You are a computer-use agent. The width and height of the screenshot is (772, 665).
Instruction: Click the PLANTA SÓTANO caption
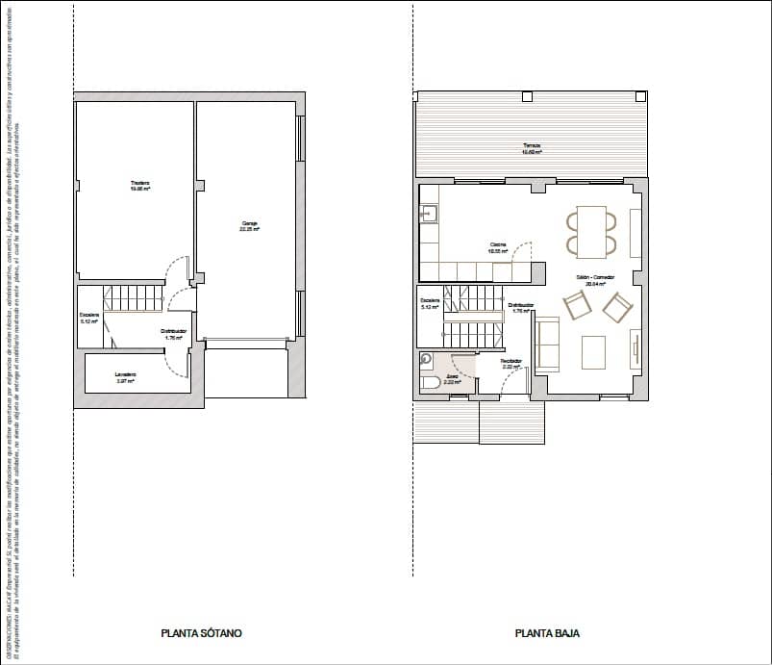201,633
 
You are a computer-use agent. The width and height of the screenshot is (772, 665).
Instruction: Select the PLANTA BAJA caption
547,633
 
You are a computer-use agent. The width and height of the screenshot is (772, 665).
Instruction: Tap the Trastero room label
141,186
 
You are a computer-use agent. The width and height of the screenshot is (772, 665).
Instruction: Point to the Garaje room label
250,227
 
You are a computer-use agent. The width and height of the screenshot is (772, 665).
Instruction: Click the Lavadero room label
126,376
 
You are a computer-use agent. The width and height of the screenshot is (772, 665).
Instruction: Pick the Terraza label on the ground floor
532,148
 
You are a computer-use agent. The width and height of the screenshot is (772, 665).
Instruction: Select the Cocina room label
498,246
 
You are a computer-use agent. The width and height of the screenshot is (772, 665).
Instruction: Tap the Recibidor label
511,364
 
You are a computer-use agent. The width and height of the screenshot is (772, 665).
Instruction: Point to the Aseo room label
451,379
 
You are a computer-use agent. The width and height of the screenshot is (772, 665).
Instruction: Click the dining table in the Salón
591,231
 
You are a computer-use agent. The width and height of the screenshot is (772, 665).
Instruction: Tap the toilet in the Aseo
431,383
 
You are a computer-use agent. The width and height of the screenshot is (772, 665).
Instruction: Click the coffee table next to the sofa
593,349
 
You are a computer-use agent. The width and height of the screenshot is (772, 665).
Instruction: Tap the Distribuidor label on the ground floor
522,308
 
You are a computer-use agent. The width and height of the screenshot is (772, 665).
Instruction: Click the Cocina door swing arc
522,254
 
